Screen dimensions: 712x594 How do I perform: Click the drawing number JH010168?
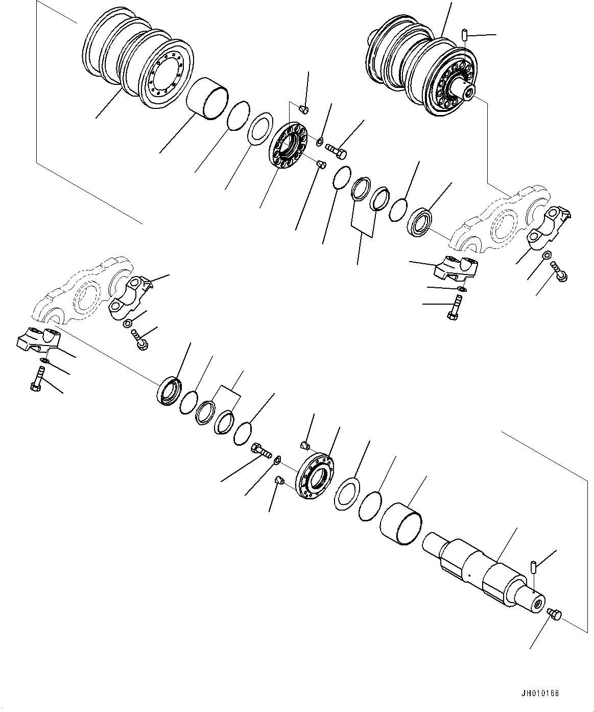click(x=540, y=694)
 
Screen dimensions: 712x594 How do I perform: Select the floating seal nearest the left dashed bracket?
click(x=168, y=392)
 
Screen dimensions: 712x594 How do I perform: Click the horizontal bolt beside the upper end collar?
click(x=336, y=150)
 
